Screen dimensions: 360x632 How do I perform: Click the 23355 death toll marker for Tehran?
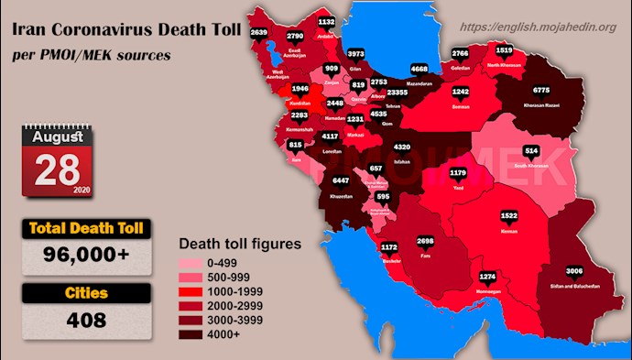398,93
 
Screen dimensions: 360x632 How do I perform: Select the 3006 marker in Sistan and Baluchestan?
574,271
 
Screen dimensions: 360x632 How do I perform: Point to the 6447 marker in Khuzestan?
341,181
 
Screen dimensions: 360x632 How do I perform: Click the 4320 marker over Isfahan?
401,147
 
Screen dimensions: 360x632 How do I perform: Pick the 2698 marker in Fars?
425,242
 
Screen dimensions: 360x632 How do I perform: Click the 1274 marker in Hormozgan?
488,276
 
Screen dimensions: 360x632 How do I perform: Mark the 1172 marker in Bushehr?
389,246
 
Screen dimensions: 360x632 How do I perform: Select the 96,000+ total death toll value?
88,257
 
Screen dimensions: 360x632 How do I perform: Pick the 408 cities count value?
88,321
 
